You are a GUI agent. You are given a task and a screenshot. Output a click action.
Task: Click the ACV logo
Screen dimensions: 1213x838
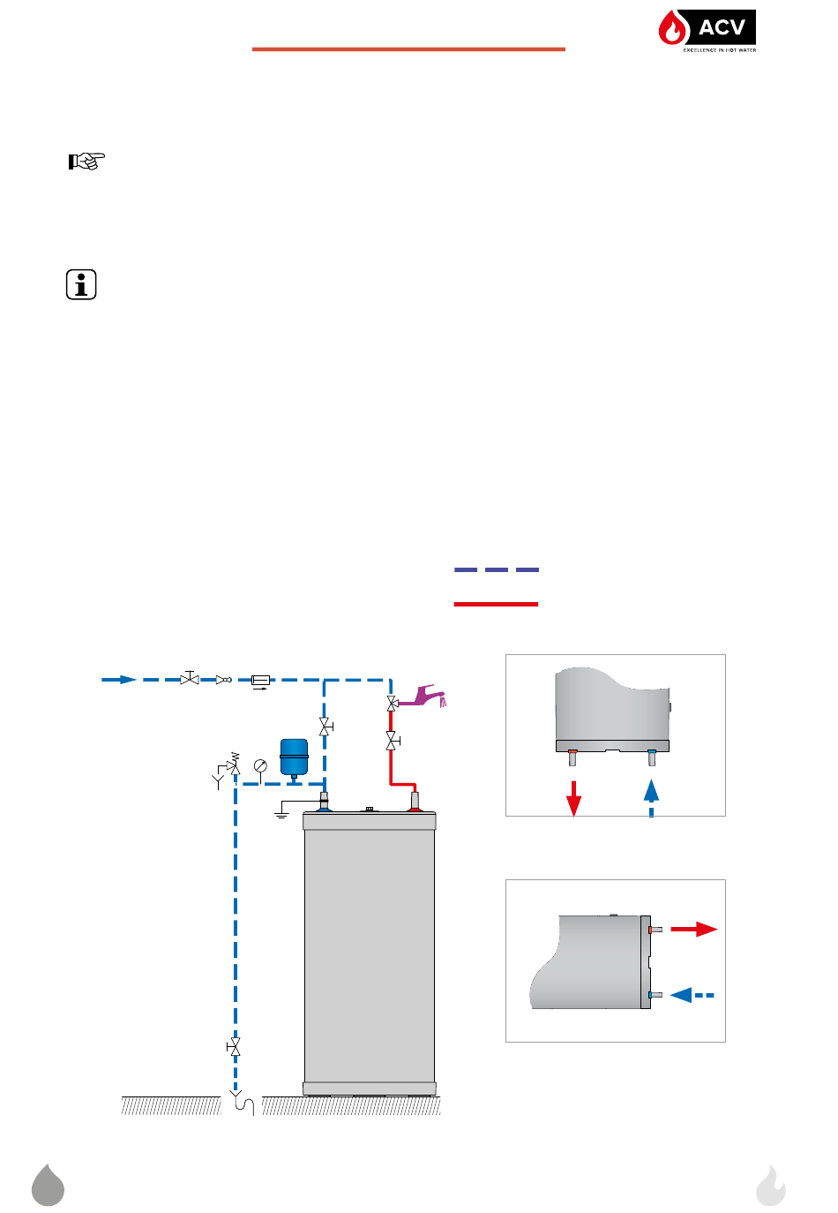[707, 31]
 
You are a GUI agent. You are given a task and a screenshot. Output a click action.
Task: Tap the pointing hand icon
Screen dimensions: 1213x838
[86, 161]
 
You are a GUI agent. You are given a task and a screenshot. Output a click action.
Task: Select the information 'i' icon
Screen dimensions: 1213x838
[81, 285]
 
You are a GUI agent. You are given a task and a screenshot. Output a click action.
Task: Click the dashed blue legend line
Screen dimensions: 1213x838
[497, 570]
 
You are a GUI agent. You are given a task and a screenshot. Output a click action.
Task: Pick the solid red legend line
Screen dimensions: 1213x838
[496, 604]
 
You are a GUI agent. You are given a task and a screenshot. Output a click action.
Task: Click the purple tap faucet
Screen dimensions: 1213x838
[423, 696]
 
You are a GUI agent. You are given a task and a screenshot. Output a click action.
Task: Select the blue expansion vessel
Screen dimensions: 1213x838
[294, 757]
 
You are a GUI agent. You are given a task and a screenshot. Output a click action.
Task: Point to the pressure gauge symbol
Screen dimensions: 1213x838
[260, 766]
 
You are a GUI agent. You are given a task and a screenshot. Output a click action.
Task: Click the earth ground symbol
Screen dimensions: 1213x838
[281, 810]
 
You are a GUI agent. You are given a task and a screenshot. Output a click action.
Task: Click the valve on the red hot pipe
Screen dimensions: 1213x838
[392, 741]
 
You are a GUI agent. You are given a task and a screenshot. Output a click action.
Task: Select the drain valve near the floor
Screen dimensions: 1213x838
[235, 1048]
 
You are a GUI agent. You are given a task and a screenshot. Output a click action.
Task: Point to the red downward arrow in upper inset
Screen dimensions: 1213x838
[573, 798]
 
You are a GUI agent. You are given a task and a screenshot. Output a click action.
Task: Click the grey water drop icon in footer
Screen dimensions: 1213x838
[49, 1186]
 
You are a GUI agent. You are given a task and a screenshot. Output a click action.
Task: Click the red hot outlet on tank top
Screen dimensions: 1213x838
[415, 802]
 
